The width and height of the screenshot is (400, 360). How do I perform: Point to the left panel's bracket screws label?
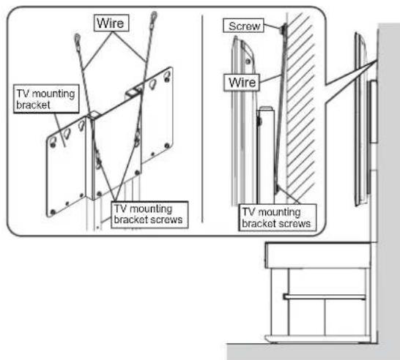[147, 212]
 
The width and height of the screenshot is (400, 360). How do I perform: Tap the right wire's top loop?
[155, 15]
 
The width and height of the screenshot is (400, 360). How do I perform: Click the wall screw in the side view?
[282, 29]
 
